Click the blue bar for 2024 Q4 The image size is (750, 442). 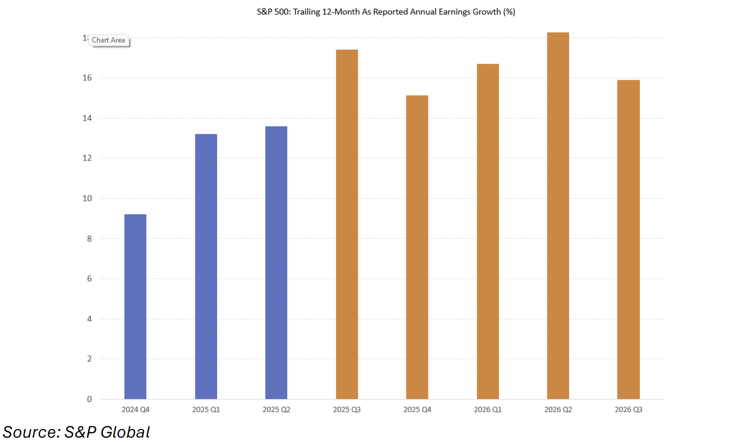coord(135,307)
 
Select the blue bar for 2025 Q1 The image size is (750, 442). coord(206,267)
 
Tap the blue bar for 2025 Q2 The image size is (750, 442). coord(276,263)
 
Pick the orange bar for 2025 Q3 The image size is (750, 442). coord(347,225)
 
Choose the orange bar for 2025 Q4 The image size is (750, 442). coord(417,247)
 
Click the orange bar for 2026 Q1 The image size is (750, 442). coord(487,232)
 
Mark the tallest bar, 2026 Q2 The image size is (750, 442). coord(558,216)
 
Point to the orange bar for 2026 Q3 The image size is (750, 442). coord(628,240)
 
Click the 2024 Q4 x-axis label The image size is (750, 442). coord(135,410)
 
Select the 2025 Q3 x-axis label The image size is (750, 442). coord(347,410)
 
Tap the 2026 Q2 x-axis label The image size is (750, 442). coord(558,410)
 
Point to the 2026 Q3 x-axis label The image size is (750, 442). coord(628,410)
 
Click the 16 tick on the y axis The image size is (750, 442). coord(87,78)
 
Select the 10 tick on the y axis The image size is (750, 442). coord(87,198)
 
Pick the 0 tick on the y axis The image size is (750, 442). coord(89,399)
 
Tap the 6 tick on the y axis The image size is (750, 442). coord(89,279)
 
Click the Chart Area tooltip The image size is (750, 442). coord(108,40)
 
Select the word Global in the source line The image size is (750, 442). coord(125,432)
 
